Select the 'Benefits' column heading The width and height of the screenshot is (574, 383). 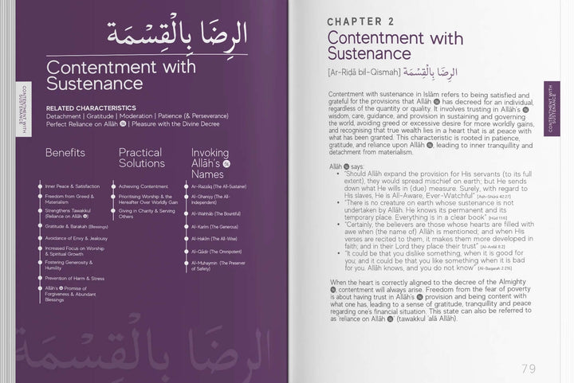tap(65, 152)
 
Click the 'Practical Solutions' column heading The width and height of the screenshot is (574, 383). tap(140, 158)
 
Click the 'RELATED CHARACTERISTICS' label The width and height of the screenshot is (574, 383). tap(91, 107)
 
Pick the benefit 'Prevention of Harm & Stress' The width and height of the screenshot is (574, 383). tap(74, 278)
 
